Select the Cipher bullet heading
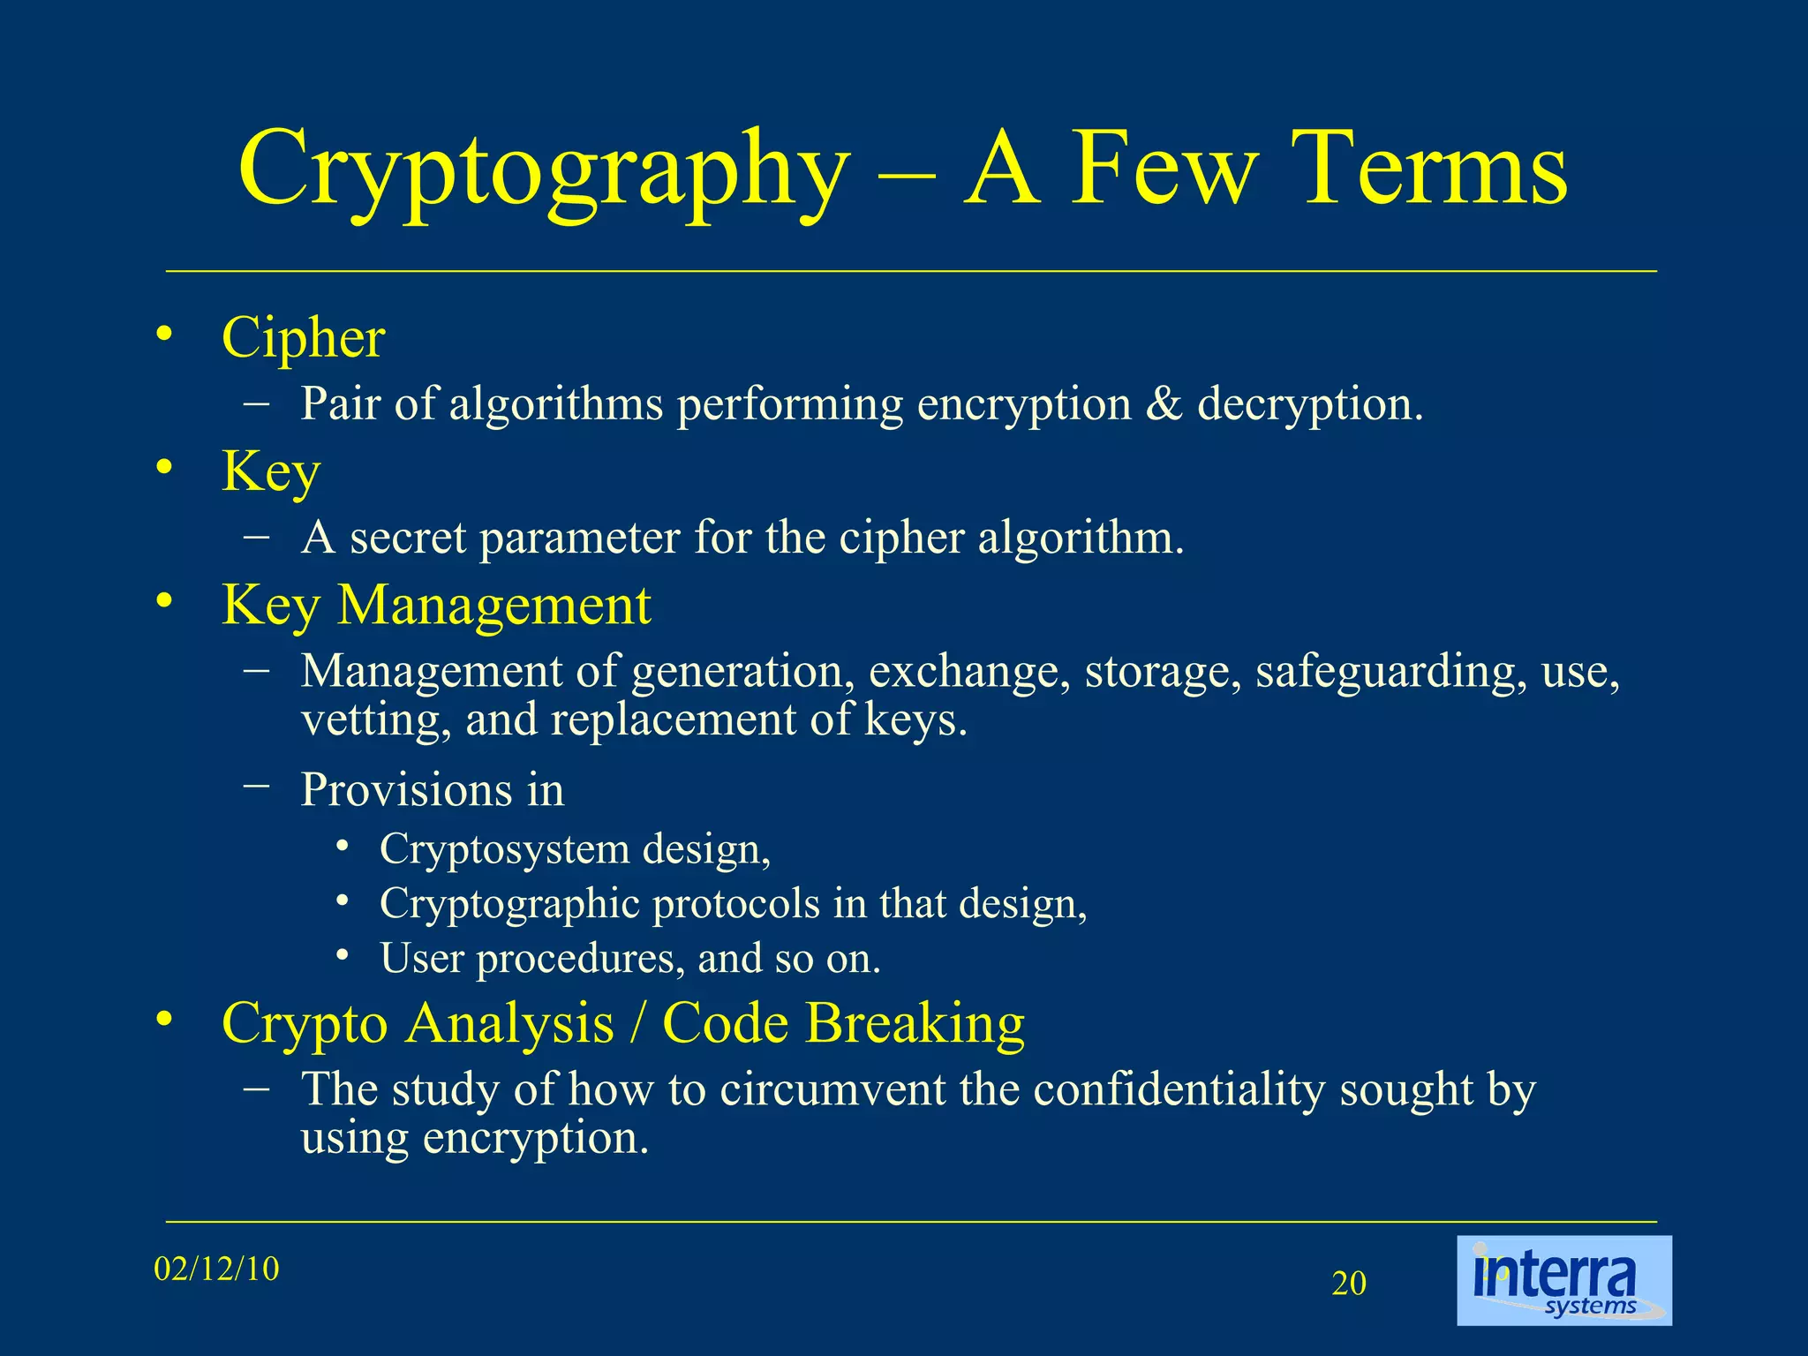pyautogui.click(x=303, y=337)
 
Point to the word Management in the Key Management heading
pyautogui.click(x=494, y=606)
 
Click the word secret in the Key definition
pyautogui.click(x=408, y=538)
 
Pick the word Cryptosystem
pyautogui.click(x=504, y=850)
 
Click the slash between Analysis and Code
pyautogui.click(x=637, y=1024)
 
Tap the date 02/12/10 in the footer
pyautogui.click(x=216, y=1269)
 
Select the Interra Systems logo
pyautogui.click(x=1563, y=1280)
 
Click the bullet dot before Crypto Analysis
pyautogui.click(x=162, y=1021)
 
